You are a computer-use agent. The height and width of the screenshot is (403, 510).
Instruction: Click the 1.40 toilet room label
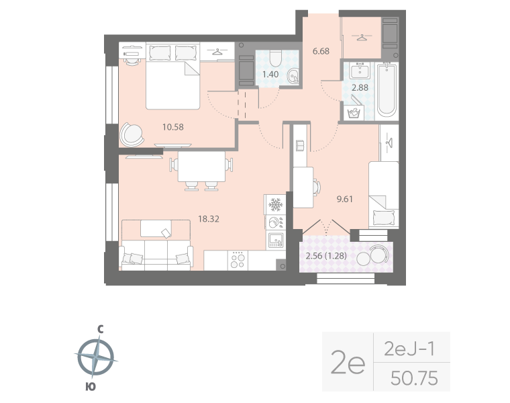(270, 75)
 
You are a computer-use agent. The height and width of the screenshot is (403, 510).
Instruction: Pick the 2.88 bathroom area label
(360, 87)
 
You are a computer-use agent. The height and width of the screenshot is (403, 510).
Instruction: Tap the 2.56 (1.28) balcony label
(325, 255)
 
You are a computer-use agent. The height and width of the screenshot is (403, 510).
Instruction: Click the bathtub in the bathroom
(387, 89)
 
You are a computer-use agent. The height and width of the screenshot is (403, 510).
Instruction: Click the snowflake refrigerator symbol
(274, 204)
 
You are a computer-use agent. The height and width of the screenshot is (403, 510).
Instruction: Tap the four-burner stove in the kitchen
(237, 260)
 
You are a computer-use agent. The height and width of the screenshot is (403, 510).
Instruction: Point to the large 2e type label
(348, 363)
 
